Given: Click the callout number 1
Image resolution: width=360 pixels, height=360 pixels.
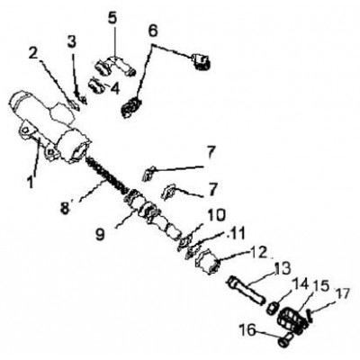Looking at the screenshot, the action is coord(31,182).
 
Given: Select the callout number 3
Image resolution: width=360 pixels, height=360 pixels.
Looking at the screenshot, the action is coord(71,43).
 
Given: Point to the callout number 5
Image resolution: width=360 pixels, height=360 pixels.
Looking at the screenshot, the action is coord(112,20).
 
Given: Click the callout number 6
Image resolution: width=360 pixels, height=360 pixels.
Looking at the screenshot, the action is coord(153,31).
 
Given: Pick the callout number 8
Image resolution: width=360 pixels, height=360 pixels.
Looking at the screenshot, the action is coord(65,207).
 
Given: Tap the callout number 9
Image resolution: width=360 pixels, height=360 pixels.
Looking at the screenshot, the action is coord(100,234).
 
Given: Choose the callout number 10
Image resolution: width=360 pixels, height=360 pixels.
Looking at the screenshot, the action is coord(216,215).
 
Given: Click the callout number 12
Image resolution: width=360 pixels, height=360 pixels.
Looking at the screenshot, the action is coord(257,253).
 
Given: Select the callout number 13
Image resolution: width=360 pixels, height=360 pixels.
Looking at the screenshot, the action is coord(282,268).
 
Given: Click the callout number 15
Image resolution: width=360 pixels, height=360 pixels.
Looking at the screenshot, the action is coord(320,287).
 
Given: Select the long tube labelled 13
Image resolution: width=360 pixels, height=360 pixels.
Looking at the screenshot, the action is coord(247,290).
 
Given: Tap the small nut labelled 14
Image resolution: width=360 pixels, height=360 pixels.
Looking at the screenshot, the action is coord(273,308).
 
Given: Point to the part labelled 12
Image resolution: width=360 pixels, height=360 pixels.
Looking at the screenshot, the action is coord(208,261).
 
